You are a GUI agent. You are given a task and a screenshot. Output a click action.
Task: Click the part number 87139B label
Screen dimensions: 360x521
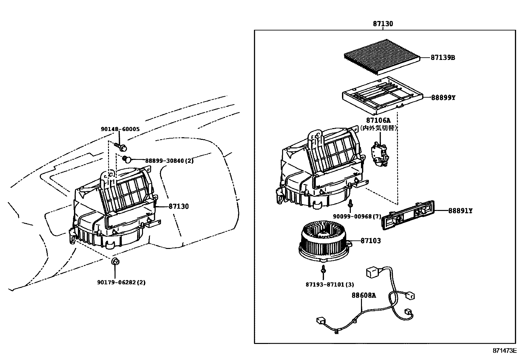tap(443, 58)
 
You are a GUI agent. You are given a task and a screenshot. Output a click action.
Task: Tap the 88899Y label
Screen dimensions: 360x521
tap(443, 98)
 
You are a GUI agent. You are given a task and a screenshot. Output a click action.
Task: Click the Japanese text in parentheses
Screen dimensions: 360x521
tap(379, 128)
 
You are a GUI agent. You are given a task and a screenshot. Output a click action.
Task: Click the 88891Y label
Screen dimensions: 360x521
tap(460, 211)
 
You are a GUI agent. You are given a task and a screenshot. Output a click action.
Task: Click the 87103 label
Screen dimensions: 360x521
tap(371, 241)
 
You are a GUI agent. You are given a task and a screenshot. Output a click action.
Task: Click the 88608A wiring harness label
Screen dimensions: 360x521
tap(364, 295)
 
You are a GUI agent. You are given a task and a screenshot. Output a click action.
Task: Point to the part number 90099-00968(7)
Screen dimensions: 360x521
tap(357, 216)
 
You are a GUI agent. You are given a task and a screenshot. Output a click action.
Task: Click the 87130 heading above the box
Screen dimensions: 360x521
tap(383, 24)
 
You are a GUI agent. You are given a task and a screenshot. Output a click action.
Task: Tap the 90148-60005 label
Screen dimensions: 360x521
tap(120, 129)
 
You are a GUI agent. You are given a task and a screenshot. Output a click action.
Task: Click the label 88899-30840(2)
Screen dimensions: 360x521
tap(169, 161)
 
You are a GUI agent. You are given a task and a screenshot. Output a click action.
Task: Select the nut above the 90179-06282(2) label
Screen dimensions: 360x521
tap(115, 261)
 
